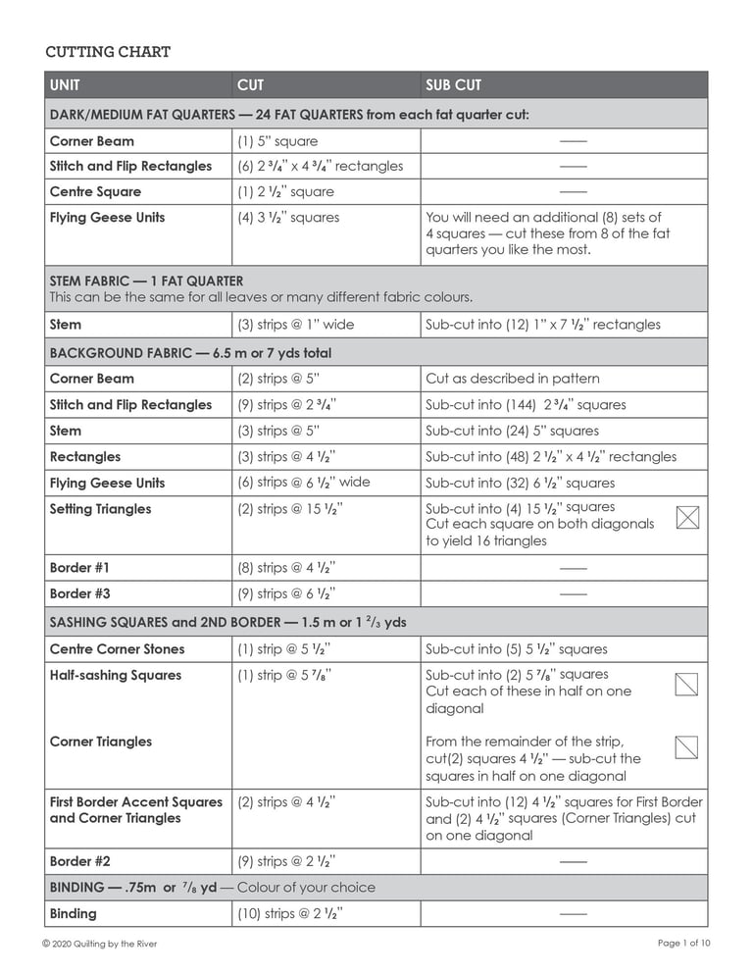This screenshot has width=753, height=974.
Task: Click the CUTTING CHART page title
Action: (108, 52)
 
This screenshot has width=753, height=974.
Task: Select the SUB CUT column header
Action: (453, 85)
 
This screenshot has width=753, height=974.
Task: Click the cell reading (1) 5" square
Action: (277, 141)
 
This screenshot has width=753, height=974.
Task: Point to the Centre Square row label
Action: (95, 192)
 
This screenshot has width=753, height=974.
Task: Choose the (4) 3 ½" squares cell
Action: (288, 218)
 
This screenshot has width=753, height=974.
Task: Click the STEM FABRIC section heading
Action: (146, 281)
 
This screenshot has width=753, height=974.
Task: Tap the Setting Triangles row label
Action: (100, 509)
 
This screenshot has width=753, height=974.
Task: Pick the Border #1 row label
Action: (79, 568)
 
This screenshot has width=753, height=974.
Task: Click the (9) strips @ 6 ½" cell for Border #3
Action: (287, 593)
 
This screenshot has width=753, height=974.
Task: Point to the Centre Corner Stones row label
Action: (117, 649)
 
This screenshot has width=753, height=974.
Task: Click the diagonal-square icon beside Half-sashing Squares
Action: (687, 684)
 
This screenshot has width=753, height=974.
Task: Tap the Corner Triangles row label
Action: (100, 742)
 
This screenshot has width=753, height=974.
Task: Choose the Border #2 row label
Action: (79, 862)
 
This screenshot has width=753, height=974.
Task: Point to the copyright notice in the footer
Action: (99, 944)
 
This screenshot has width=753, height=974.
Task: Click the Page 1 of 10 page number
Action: (683, 944)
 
